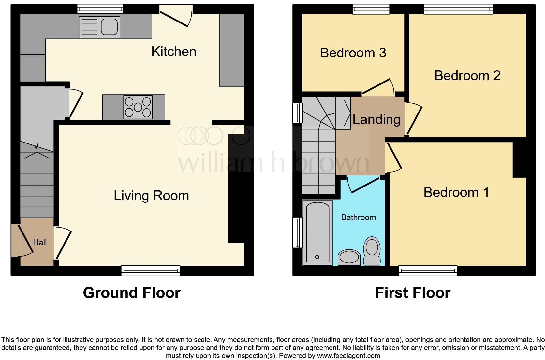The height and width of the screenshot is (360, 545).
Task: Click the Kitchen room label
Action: click(174, 52)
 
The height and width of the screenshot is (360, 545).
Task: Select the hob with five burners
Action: click(138, 107)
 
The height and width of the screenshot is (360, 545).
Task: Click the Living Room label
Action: click(151, 196)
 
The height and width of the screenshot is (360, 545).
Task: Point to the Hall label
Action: click(40, 242)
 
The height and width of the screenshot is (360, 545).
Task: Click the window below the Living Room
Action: click(150, 270)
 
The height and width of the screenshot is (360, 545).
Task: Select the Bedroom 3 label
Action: click(353, 53)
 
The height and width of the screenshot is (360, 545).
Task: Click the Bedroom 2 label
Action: click(467, 76)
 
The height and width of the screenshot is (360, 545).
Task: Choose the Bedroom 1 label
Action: click(456, 192)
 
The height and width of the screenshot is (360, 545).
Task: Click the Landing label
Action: click(376, 119)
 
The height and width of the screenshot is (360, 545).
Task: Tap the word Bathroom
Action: click(358, 217)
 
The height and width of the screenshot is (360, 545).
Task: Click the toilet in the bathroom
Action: click(372, 251)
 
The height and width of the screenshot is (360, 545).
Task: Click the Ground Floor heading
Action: click(132, 292)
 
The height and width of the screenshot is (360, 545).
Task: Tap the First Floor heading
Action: click(413, 292)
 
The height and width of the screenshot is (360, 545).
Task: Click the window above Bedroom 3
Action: click(371, 9)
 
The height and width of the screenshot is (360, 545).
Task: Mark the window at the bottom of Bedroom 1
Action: click(428, 270)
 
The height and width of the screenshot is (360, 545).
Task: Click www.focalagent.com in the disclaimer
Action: click(348, 356)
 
